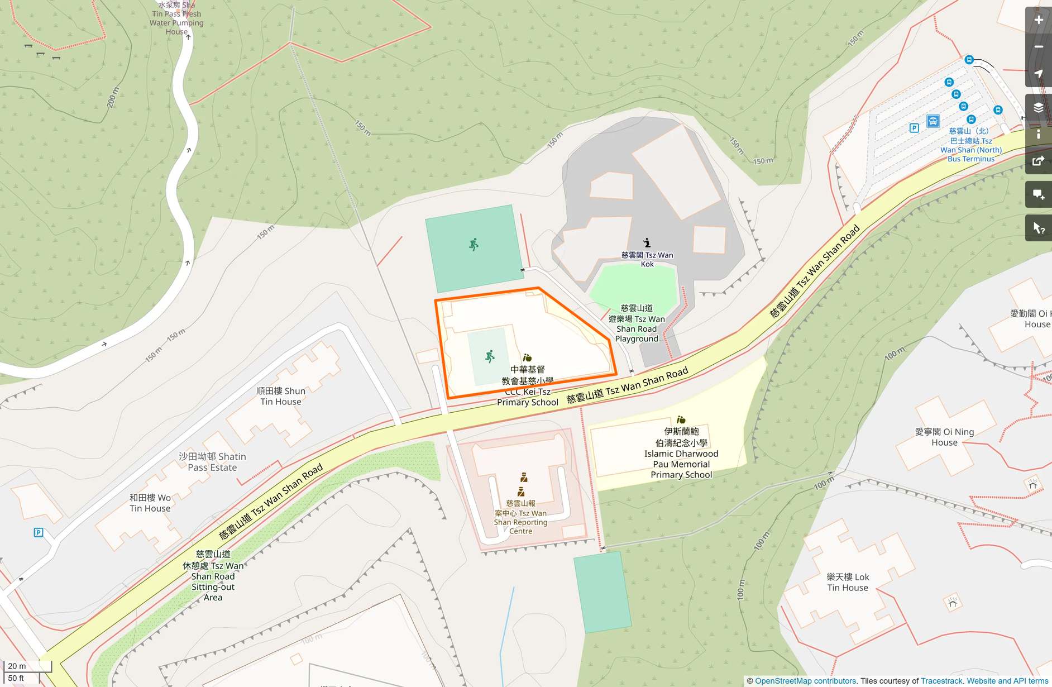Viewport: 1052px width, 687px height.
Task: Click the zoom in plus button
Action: pyautogui.click(x=1039, y=20)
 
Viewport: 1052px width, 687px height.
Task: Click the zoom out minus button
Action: pyautogui.click(x=1039, y=47)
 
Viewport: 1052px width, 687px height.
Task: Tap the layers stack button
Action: pyautogui.click(x=1039, y=107)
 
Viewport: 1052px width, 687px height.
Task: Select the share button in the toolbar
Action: pyautogui.click(x=1039, y=161)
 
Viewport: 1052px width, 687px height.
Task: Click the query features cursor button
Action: pyautogui.click(x=1039, y=228)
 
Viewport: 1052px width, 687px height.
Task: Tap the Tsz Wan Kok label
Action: pyautogui.click(x=647, y=259)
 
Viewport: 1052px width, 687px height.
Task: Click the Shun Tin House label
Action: pyautogui.click(x=281, y=396)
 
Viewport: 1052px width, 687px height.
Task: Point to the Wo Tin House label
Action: pyautogui.click(x=150, y=503)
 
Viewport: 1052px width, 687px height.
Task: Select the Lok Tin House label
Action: pyautogui.click(x=848, y=582)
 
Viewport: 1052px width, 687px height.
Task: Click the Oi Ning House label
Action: pyautogui.click(x=944, y=437)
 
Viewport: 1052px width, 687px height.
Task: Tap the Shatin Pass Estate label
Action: pyautogui.click(x=212, y=462)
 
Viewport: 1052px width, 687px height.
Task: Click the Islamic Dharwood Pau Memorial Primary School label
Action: pyautogui.click(x=681, y=453)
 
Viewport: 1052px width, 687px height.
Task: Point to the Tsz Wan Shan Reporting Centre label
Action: pyautogui.click(x=520, y=517)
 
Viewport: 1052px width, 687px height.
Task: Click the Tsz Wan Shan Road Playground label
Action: pyautogui.click(x=637, y=323)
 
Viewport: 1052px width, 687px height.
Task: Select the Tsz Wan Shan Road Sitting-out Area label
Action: pyautogui.click(x=213, y=575)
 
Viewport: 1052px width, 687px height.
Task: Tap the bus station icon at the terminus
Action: pyautogui.click(x=933, y=121)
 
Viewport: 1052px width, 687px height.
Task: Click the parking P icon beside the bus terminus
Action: pyautogui.click(x=914, y=128)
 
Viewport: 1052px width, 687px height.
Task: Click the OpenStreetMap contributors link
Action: pyautogui.click(x=805, y=681)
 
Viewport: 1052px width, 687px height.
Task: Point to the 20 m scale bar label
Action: pyautogui.click(x=17, y=666)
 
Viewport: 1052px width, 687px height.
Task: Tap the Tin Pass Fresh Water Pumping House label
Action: pyautogui.click(x=176, y=18)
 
